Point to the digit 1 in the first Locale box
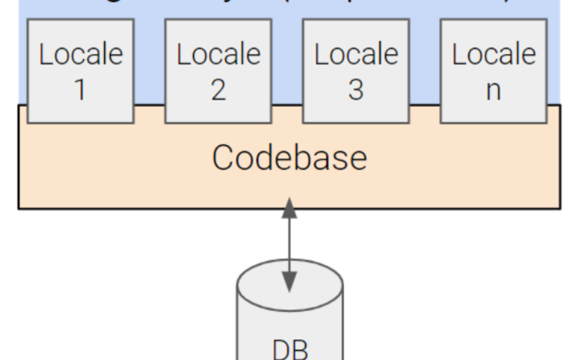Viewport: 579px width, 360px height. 80,89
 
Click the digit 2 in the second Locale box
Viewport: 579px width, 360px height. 218,89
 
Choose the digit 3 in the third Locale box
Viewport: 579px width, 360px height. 356,89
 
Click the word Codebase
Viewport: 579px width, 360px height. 289,158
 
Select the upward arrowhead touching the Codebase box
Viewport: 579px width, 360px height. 289,208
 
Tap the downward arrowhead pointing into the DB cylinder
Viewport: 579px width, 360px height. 289,283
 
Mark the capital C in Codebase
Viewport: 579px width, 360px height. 224,158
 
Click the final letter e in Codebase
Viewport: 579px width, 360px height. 357,160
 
